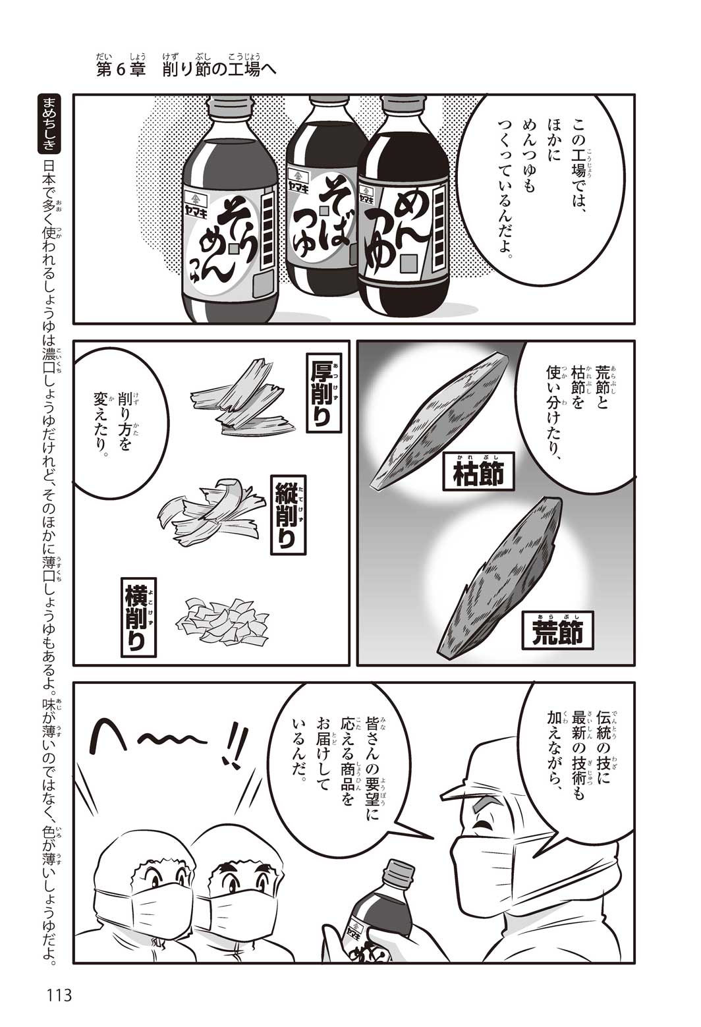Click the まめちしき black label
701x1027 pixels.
pos(47,125)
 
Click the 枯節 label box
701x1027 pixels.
pos(478,474)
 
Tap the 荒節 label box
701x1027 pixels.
pos(557,631)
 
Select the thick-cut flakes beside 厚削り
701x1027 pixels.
pos(242,397)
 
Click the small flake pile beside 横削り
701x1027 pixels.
pos(219,619)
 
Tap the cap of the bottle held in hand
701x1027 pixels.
pos(398,871)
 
